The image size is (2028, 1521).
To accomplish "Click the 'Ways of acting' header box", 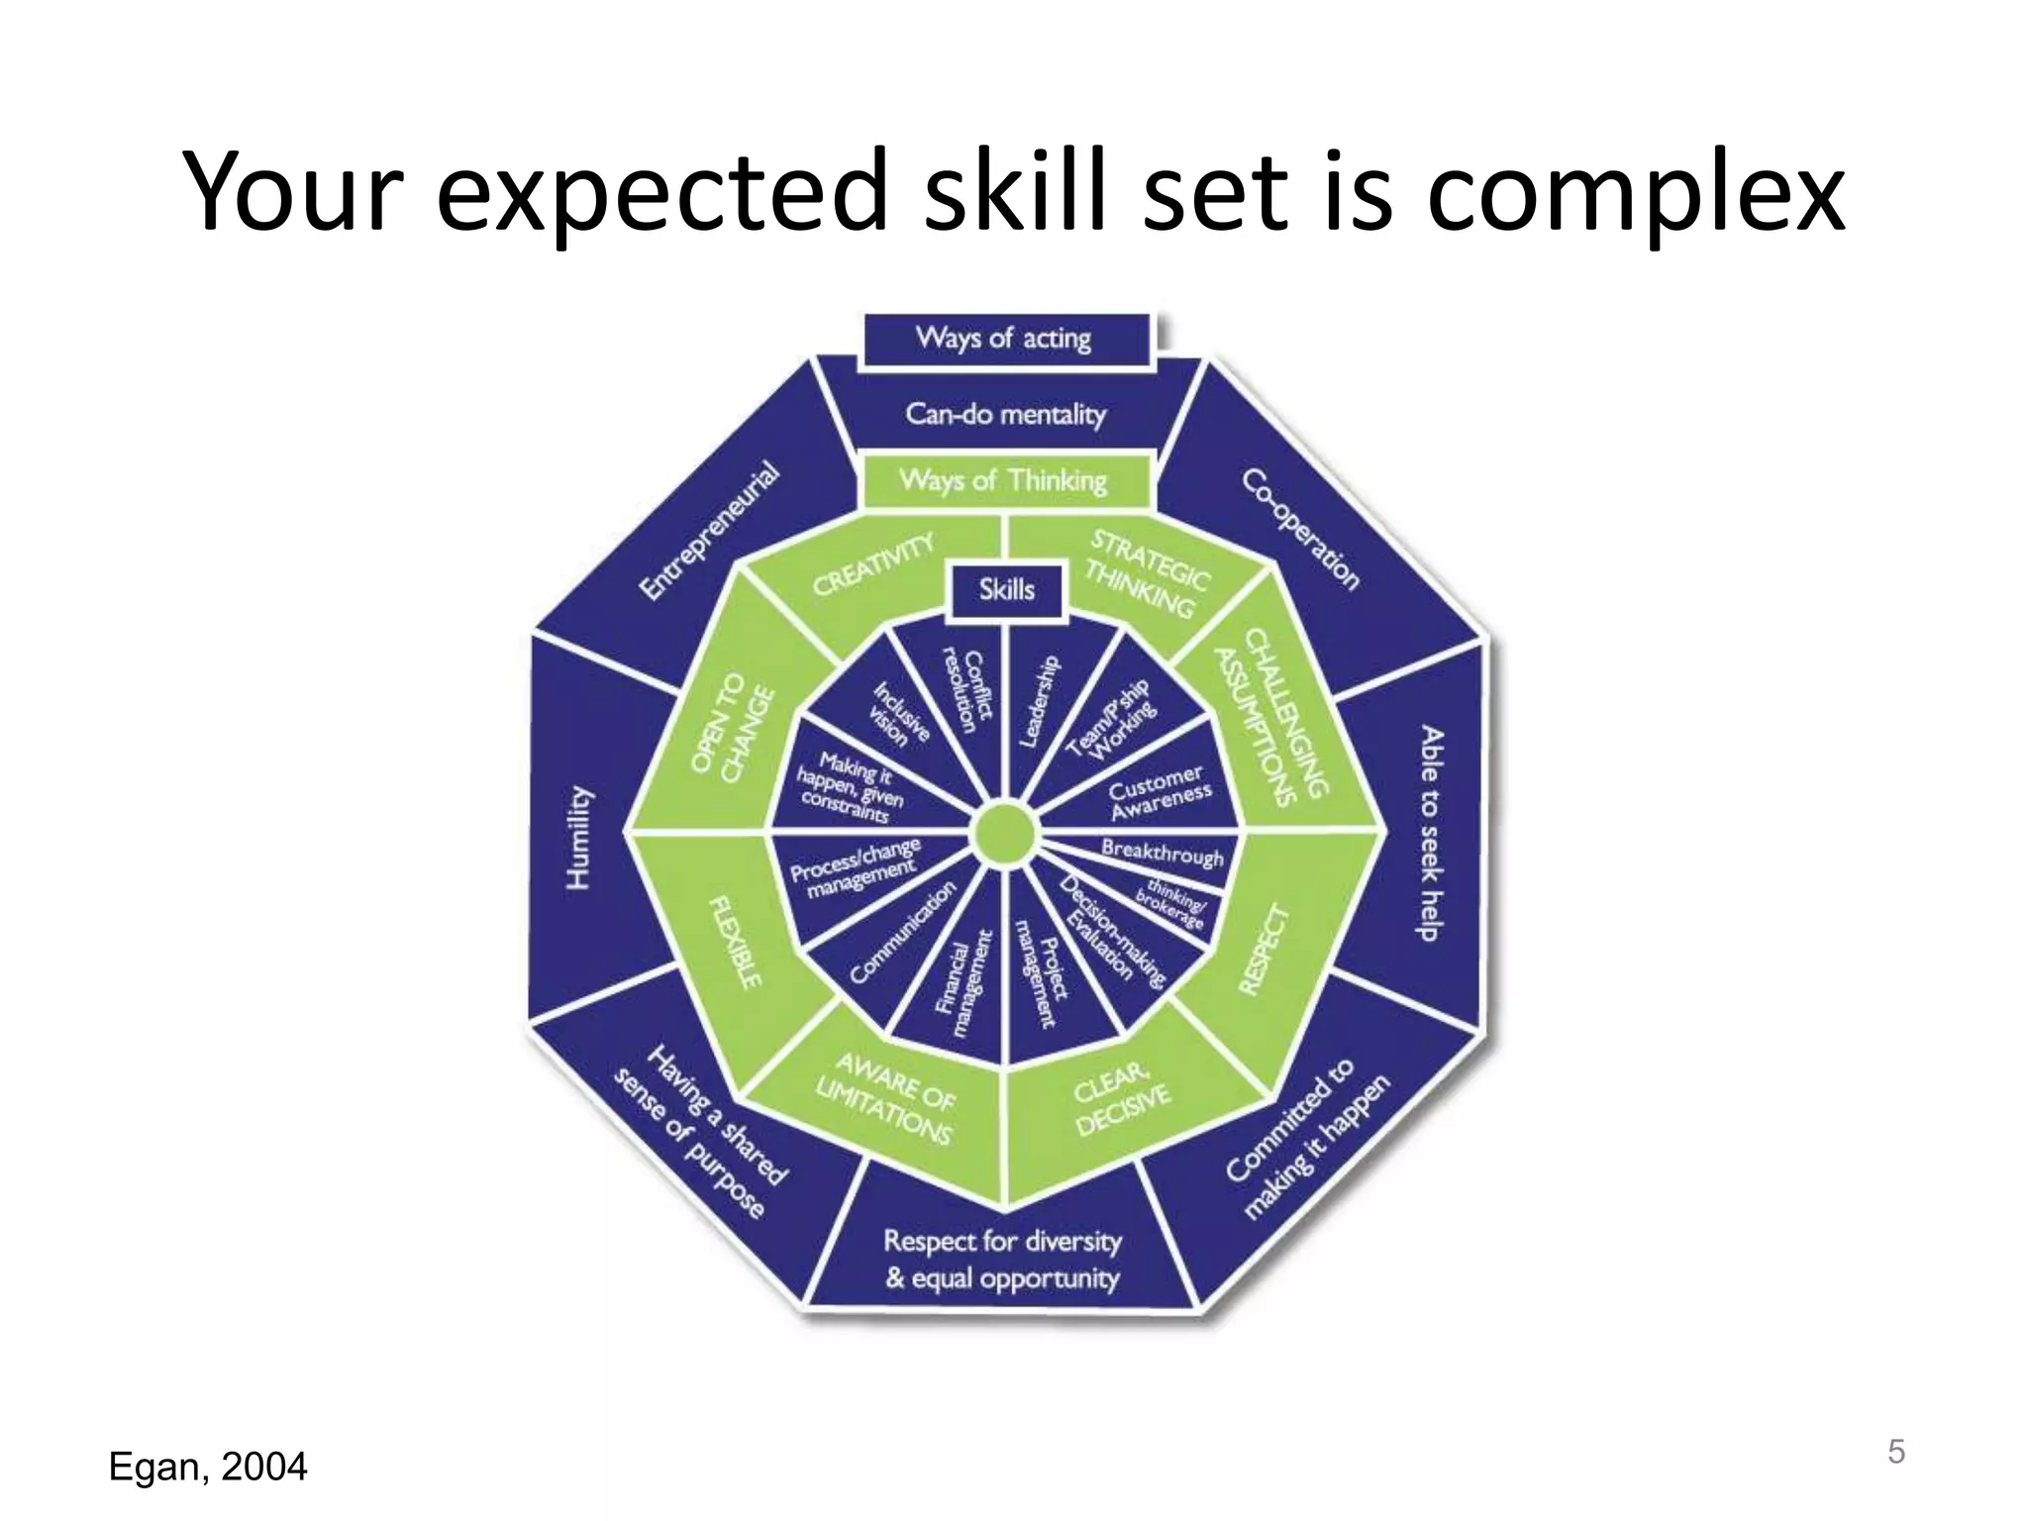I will pos(1004,339).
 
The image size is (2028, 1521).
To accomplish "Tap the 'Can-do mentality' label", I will pos(1004,413).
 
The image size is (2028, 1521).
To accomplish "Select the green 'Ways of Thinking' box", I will pos(1004,481).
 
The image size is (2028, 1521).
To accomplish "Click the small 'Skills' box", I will pos(1006,590).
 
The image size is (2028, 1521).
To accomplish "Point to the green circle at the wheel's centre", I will pos(1004,835).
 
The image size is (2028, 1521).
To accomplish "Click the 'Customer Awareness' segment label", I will pos(1159,792).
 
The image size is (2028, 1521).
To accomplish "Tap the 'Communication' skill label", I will pos(902,932).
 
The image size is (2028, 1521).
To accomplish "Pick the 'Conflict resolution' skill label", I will pos(968,690).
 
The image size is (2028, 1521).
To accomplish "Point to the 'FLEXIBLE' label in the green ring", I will pos(736,942).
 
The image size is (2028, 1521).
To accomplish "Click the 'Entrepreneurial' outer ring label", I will pos(708,531).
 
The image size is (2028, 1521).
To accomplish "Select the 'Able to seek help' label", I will pos(1430,833).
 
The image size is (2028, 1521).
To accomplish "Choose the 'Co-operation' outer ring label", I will pos(1300,529).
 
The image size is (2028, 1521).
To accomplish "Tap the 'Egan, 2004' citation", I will pos(208,1467).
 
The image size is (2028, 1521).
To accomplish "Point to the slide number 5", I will pos(1895,1452).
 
